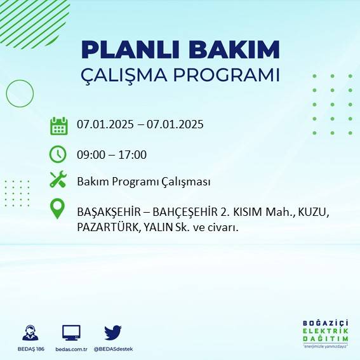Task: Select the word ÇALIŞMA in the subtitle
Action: [127, 75]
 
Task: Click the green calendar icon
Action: [58, 125]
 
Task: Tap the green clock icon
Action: [58, 154]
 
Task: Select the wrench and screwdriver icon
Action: [58, 180]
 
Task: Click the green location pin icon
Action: [58, 209]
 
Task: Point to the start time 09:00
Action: [90, 154]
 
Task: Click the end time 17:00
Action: [133, 154]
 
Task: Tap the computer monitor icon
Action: [71, 332]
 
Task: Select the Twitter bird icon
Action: [112, 332]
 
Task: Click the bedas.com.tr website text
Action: [71, 349]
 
